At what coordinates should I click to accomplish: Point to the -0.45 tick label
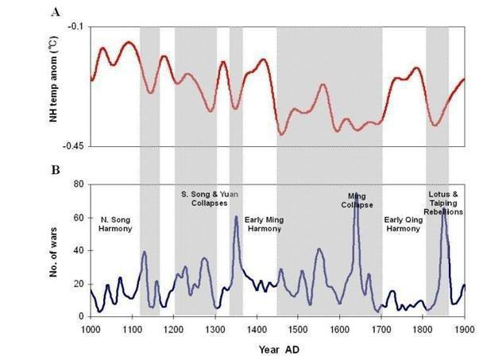[71, 147]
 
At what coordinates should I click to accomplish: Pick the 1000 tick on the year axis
[90, 327]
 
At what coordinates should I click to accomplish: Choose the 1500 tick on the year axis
[298, 327]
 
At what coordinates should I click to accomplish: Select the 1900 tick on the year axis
[464, 327]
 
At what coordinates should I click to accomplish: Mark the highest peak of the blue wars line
[357, 194]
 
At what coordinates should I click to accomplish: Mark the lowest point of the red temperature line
[281, 134]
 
